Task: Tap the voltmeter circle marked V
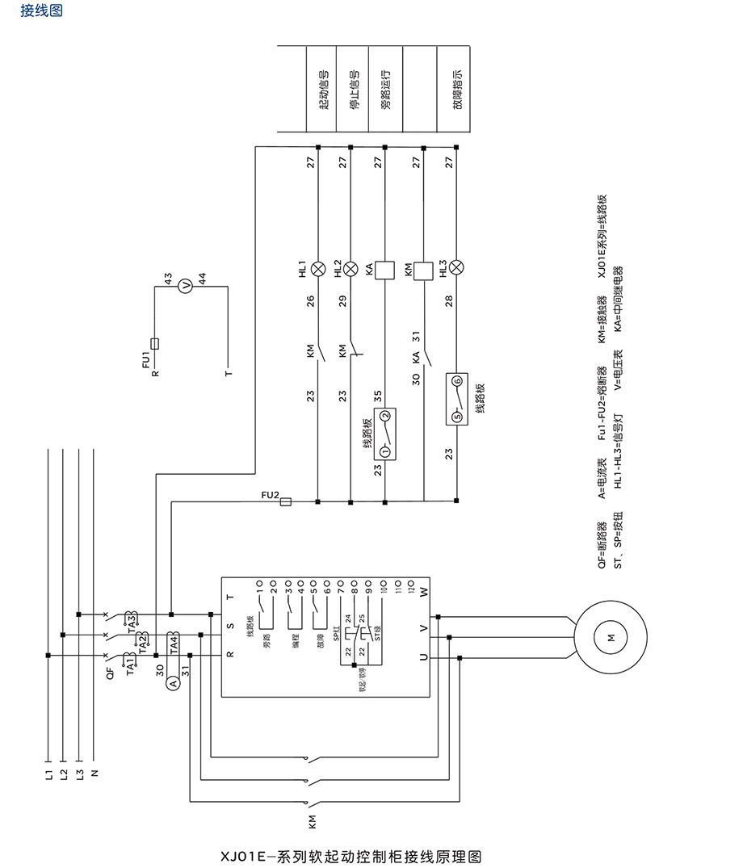pos(184,285)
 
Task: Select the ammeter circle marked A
pos(172,683)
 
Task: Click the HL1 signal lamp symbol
pos(318,267)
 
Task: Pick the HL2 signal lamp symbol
pos(351,267)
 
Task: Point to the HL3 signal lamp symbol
pos(457,267)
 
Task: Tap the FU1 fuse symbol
pos(154,343)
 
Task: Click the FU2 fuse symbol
pos(285,502)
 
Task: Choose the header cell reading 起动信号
pos(322,89)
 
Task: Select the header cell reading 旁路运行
pos(385,89)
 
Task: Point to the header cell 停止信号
pos(354,89)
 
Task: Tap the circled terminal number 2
pos(385,417)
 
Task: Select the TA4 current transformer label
pos(173,644)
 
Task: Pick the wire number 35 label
pos(378,396)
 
